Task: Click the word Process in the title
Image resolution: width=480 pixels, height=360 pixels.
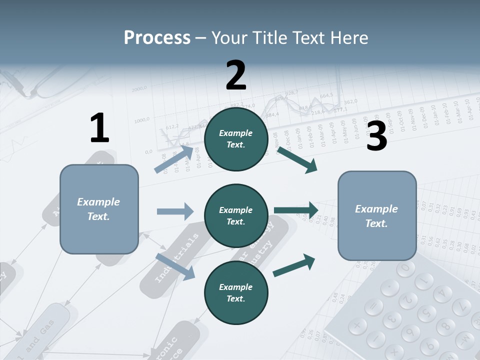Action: tap(157, 37)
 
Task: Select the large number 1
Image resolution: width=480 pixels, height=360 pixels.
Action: tap(99, 128)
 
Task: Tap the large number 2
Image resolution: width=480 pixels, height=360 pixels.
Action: tap(236, 75)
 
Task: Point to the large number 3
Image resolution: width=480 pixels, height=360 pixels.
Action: tap(376, 136)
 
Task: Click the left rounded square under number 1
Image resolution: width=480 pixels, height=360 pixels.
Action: tap(99, 209)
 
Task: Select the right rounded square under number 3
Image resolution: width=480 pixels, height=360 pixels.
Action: tap(377, 216)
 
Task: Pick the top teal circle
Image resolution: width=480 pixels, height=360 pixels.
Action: tap(236, 139)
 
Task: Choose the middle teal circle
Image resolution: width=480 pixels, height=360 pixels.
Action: tap(236, 216)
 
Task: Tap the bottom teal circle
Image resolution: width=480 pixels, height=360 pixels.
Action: tap(236, 293)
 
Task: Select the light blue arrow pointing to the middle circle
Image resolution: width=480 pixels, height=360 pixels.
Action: tap(175, 211)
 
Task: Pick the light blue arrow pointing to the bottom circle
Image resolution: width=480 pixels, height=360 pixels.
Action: tap(175, 266)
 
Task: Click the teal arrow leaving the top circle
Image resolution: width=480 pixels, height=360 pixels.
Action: tap(297, 159)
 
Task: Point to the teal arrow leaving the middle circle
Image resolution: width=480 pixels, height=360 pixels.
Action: tap(296, 210)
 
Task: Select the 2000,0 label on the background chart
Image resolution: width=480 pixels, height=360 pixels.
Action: tap(139, 89)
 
